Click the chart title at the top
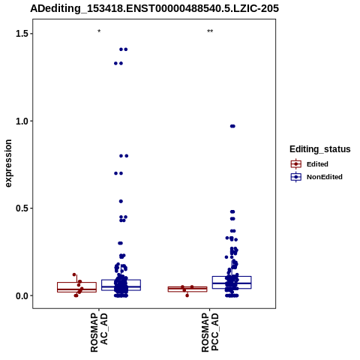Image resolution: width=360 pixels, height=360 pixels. coord(154,8)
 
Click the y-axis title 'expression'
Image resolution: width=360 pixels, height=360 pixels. coord(8,163)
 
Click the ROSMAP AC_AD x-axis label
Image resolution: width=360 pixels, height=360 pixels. coord(99,332)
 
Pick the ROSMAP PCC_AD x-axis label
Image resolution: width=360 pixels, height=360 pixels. coord(210,332)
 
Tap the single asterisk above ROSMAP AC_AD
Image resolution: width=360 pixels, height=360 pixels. coord(99,31)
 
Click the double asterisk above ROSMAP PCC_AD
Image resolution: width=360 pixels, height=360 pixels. coord(210,31)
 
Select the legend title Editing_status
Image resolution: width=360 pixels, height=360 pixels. coord(320,149)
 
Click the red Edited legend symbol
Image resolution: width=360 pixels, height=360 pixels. coord(296,164)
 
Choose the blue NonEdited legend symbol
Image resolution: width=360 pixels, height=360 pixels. coord(296,177)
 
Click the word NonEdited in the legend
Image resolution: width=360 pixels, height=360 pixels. coord(325,177)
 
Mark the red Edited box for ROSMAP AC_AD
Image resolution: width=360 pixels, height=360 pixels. coord(76,287)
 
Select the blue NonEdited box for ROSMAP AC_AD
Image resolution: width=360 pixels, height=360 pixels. coord(121,285)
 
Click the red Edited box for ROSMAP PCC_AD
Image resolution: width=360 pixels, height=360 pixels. coord(187,289)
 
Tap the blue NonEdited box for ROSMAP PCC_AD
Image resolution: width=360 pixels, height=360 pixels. coord(232,283)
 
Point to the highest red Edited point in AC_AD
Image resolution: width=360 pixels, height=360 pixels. coord(74,274)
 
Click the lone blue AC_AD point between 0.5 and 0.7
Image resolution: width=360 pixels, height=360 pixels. coord(121,201)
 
